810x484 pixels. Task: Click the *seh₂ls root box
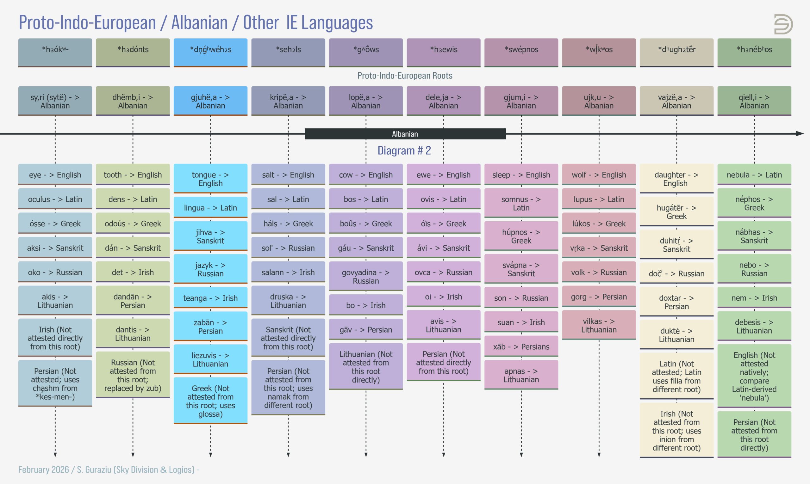288,53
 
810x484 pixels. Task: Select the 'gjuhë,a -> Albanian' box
210,101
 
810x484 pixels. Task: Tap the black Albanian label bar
405,134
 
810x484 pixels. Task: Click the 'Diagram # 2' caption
404,150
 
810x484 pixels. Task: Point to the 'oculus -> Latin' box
55,199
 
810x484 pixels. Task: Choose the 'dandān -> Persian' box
133,300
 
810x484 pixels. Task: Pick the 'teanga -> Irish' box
210,297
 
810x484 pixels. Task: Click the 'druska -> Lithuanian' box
288,300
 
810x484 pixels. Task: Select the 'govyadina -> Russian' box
366,276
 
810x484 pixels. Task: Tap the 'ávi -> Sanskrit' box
444,248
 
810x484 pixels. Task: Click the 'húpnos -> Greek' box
521,236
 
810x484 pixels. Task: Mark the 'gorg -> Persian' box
599,297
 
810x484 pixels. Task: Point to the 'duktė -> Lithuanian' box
676,334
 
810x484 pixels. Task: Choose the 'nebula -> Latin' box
754,174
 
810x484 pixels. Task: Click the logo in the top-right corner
783,24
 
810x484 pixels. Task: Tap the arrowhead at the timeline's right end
800,133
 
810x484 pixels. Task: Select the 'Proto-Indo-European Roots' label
405,76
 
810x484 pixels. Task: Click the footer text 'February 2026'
43,470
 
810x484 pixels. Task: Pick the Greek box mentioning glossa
210,401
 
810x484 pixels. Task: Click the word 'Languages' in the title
337,23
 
